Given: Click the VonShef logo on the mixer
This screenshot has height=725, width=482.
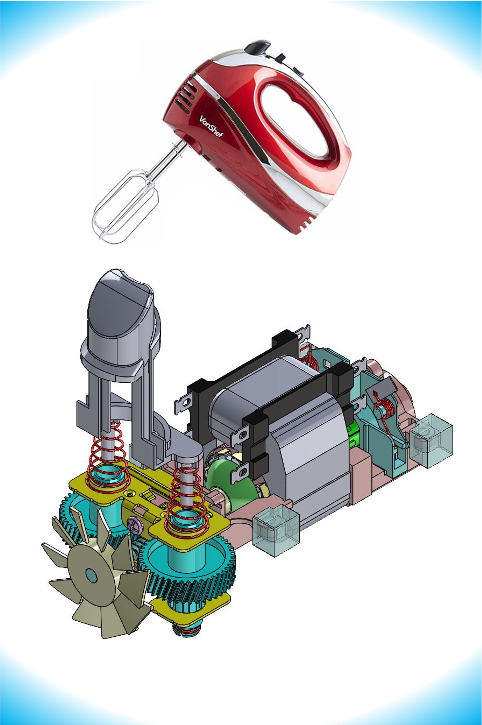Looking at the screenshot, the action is point(211,126).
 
